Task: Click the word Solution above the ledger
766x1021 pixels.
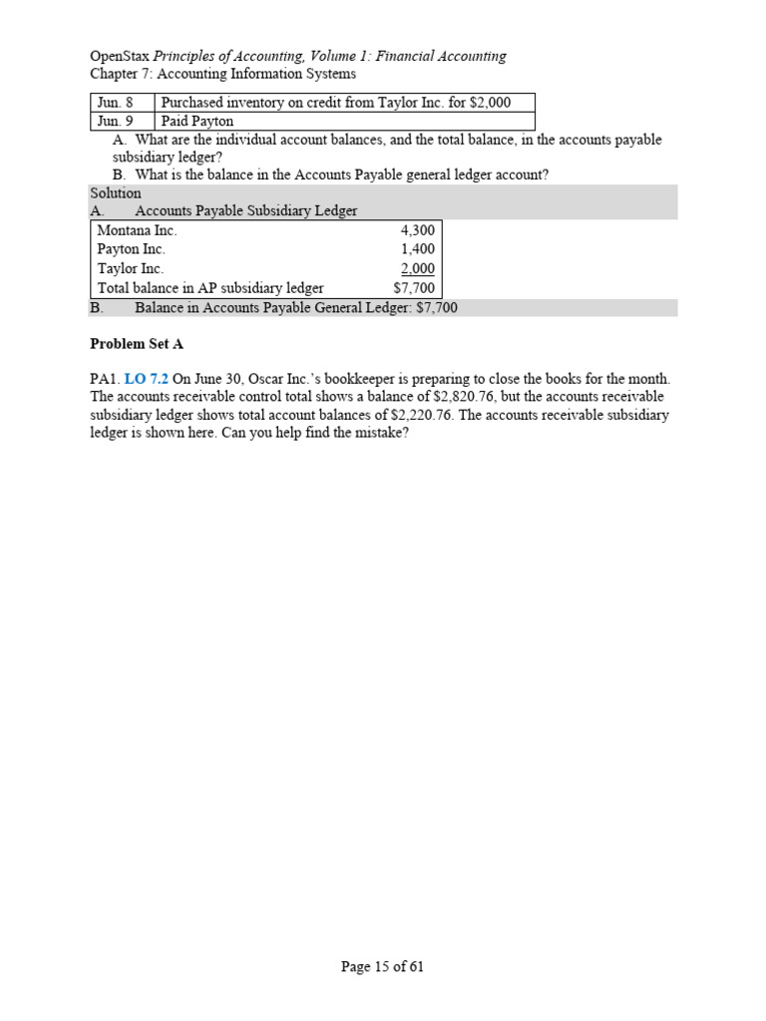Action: [x=116, y=192]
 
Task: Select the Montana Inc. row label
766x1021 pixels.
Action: [x=137, y=230]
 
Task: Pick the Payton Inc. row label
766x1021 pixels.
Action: [x=131, y=249]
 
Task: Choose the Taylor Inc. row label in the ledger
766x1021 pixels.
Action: [x=130, y=268]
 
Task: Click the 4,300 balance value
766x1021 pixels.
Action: [x=417, y=230]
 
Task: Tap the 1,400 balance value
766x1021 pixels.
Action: [x=417, y=249]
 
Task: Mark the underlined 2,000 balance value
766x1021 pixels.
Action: [x=417, y=268]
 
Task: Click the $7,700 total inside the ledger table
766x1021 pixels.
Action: [x=414, y=288]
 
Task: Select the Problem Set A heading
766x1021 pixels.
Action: [x=137, y=344]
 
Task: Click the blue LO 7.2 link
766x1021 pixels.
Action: [x=146, y=379]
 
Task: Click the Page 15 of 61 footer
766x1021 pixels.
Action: [x=382, y=966]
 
